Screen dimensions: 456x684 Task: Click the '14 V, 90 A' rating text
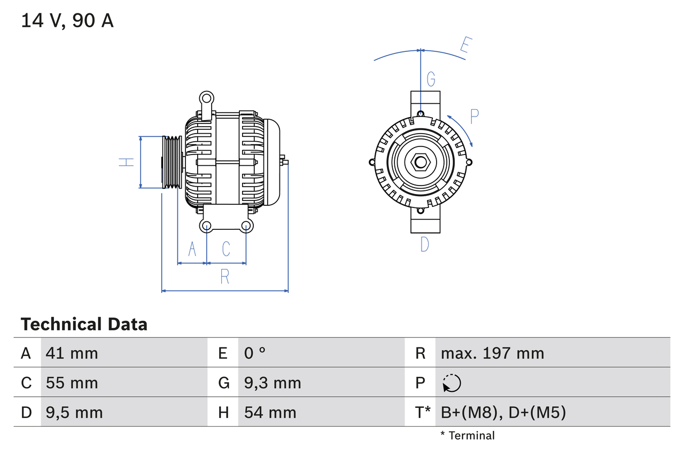point(67,21)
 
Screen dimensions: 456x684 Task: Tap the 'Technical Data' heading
point(84,324)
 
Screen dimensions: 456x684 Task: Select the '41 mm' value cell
point(72,353)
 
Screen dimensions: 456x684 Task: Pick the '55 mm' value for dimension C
point(72,383)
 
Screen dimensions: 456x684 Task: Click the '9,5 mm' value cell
point(74,412)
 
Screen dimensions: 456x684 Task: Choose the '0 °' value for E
point(255,353)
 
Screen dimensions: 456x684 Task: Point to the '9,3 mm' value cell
point(273,383)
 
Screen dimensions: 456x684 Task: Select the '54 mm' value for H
point(270,412)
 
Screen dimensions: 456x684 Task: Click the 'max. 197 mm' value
point(492,353)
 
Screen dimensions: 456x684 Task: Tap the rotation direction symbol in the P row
point(452,383)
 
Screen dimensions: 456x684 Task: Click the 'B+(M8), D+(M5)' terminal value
point(503,412)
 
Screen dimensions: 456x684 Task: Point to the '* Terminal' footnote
point(468,436)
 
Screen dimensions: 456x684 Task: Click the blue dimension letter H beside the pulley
point(126,162)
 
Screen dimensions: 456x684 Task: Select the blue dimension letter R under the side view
point(225,277)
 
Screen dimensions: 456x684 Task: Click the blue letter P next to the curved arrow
point(474,117)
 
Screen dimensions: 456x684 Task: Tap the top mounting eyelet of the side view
point(206,98)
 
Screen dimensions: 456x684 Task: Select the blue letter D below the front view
point(424,244)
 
